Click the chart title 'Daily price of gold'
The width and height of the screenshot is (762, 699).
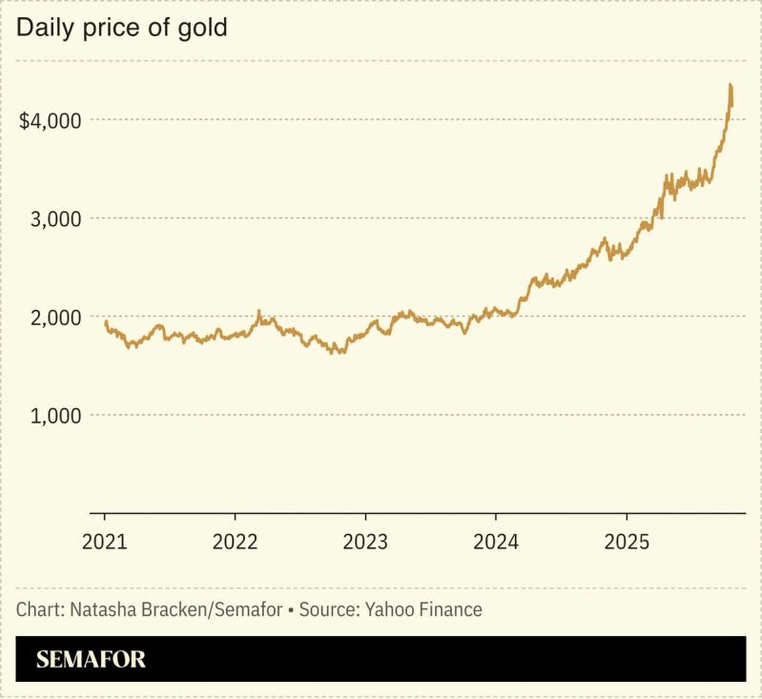coord(122,28)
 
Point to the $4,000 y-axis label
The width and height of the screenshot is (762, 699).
coord(51,121)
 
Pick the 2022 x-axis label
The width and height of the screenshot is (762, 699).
coord(235,542)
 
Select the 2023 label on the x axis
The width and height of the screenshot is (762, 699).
coord(365,542)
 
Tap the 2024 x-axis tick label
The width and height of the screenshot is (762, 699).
coord(496,542)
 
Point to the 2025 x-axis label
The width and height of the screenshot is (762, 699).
coord(627,542)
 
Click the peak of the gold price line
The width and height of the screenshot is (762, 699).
coord(730,85)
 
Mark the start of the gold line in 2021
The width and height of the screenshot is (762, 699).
coord(105,322)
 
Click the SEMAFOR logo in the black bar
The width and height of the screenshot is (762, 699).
coord(91,659)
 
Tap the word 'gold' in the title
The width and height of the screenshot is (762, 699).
coord(207,28)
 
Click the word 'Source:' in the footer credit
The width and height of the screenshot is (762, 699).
coord(329,609)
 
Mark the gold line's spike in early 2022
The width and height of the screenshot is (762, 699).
coord(258,312)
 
